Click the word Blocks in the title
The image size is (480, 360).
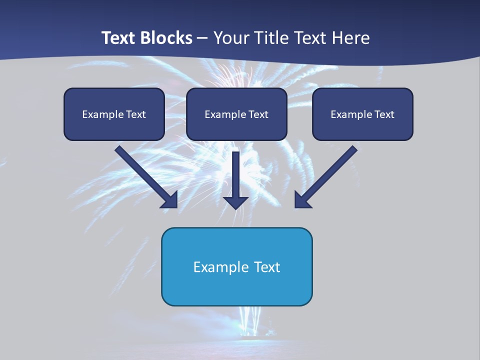pyautogui.click(x=166, y=38)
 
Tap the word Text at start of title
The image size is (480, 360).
pyautogui.click(x=119, y=38)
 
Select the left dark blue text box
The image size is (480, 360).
pyautogui.click(x=114, y=125)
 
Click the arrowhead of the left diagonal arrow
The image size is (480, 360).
pyautogui.click(x=170, y=200)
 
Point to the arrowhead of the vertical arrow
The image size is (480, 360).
pyautogui.click(x=235, y=202)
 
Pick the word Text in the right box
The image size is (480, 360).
pyautogui.click(x=384, y=114)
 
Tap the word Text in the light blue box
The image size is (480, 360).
pyautogui.click(x=267, y=267)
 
